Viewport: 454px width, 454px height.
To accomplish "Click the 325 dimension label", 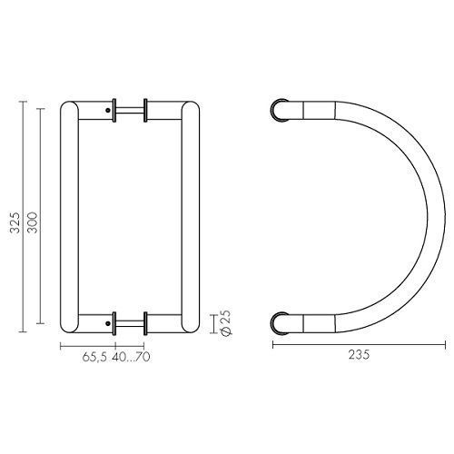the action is (x=15, y=222).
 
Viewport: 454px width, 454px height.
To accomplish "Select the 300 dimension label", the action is (x=33, y=222).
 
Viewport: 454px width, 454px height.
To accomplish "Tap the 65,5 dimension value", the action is (x=94, y=357).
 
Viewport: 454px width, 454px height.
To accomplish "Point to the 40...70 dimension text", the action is (x=131, y=357).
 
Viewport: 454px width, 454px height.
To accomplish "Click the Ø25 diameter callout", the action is (x=226, y=323).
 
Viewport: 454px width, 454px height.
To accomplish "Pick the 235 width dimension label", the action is (x=359, y=355).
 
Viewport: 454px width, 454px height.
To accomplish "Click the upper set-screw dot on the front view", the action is (x=108, y=111).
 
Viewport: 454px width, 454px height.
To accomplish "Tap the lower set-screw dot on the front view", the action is (x=108, y=323).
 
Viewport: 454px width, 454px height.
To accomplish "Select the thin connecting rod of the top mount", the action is (x=130, y=111).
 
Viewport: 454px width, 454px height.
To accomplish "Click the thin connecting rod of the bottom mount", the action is (x=130, y=323).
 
